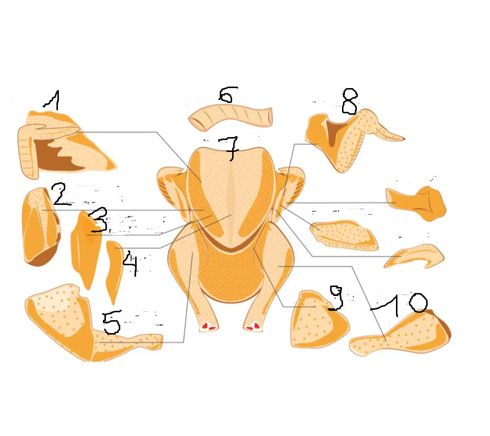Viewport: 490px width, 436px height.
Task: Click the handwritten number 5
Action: point(111,322)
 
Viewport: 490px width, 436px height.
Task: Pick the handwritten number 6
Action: point(228,95)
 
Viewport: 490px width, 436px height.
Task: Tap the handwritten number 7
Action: point(229,148)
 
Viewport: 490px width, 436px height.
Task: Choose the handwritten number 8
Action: point(350,101)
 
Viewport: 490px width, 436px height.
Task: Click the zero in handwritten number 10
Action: point(418,302)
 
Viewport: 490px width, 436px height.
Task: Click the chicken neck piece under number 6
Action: point(231,117)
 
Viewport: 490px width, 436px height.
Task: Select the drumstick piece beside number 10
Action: point(400,334)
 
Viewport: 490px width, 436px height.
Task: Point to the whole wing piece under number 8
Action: point(350,138)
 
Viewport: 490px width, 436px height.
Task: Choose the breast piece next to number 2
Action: point(40,227)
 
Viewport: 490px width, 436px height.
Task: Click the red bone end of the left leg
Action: point(208,327)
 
